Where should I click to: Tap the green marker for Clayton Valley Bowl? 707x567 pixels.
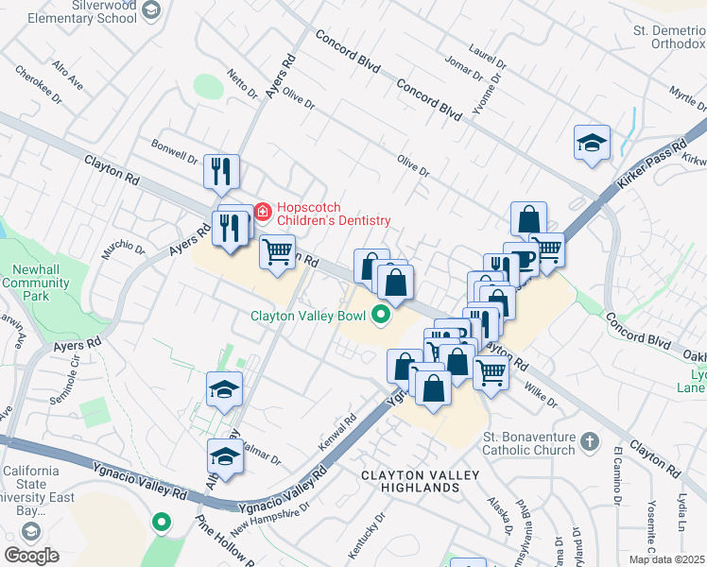[381, 316]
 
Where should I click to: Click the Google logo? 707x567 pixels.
[31, 555]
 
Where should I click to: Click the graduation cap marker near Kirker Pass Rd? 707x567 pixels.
[592, 144]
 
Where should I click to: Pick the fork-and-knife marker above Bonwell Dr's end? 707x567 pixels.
[222, 171]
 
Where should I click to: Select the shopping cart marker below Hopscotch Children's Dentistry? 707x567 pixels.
[277, 251]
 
